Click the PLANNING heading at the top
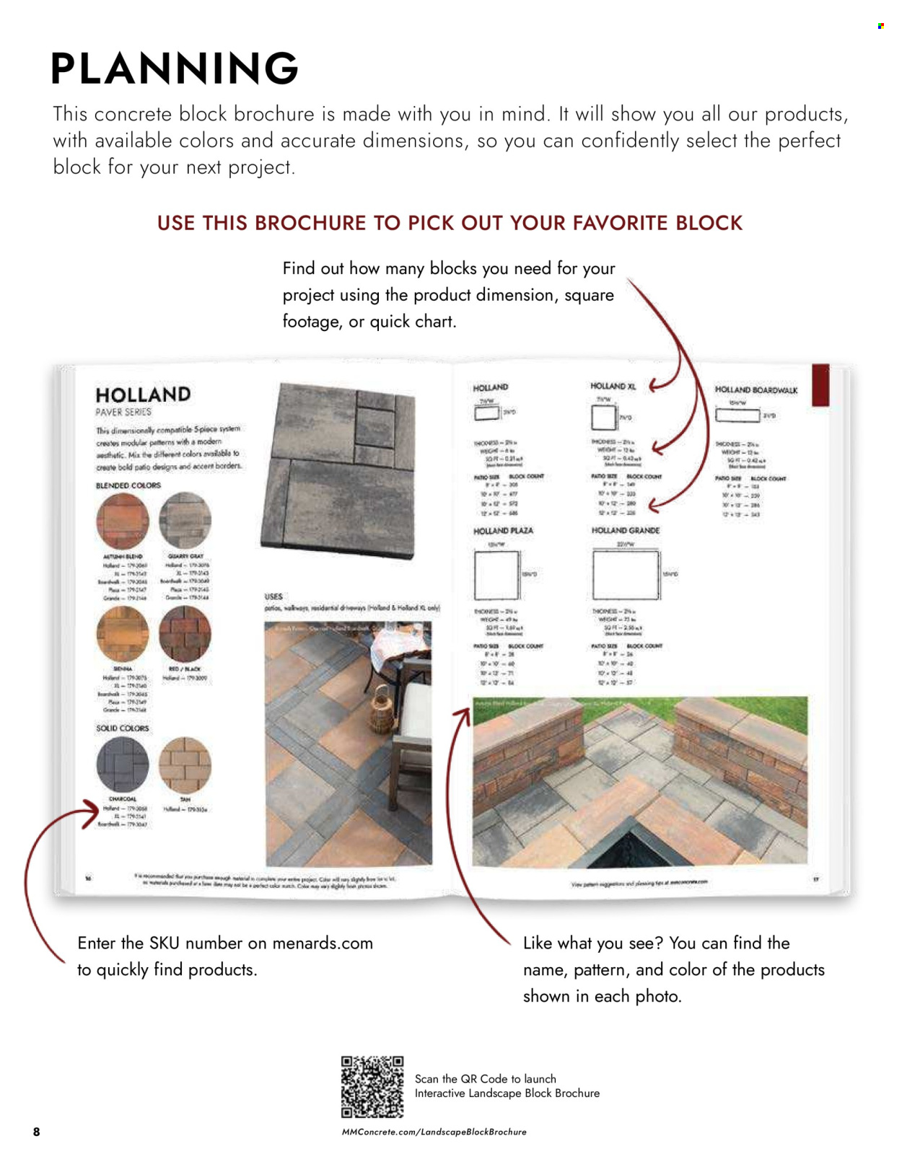coord(174,69)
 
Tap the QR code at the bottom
coord(372,1088)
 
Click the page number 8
coord(37,1132)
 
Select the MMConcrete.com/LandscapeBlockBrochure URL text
coord(434,1132)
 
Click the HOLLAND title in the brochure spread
coord(143,395)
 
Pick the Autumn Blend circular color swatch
coord(122,521)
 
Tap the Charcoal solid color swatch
coord(122,765)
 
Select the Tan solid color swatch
coord(185,765)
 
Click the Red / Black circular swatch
coord(185,634)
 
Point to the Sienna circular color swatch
coord(122,634)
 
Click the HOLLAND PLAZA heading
coord(503,531)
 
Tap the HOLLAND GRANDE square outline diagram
coord(626,575)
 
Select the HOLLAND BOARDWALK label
coord(756,390)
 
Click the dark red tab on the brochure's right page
coord(820,385)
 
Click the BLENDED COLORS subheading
coord(128,485)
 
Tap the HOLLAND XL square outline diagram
coord(603,418)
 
